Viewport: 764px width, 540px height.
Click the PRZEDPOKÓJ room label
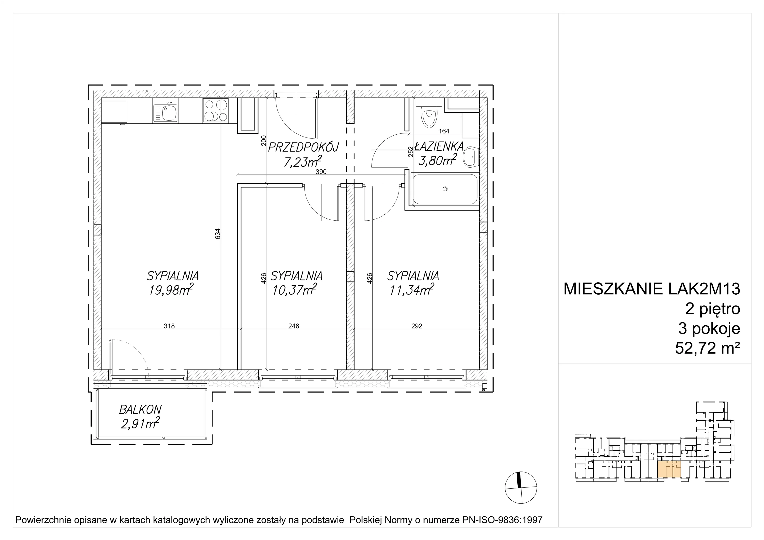[x=303, y=147]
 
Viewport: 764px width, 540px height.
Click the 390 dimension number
[x=321, y=172]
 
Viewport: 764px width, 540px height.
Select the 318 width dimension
[x=169, y=326]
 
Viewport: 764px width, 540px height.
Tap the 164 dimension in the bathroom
[x=444, y=131]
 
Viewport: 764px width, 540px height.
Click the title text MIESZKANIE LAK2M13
[x=652, y=289]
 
